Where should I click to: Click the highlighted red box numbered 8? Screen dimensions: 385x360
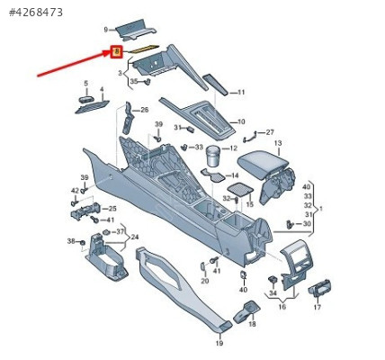point(117,52)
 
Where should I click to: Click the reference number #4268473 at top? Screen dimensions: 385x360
point(36,13)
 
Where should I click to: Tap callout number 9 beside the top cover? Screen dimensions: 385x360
point(106,30)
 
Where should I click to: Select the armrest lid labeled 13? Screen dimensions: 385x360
point(264,166)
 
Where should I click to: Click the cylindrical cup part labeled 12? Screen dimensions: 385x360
point(213,156)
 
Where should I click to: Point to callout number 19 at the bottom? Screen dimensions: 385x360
point(219,343)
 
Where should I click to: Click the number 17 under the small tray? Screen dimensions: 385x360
point(318,307)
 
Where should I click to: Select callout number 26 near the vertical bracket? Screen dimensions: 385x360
point(145,110)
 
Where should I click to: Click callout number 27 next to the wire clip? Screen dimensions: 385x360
point(270,132)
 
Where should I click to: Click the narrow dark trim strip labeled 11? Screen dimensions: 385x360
point(215,85)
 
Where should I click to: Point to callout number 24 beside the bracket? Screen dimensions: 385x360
point(135,238)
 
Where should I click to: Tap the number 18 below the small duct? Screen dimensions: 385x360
point(253,324)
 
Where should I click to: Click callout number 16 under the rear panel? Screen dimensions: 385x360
point(282,307)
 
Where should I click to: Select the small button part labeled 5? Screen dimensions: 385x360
point(86,100)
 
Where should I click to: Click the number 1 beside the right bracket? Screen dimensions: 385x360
point(321,209)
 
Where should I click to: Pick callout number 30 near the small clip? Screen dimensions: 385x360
point(307,224)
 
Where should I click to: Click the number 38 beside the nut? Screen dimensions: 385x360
point(71,240)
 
